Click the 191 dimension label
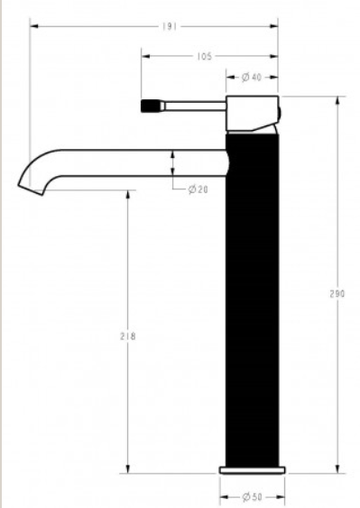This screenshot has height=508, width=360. [x=170, y=26]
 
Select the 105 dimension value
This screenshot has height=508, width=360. [x=204, y=56]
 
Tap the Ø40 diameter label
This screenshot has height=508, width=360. [x=252, y=78]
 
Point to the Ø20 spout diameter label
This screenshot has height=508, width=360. [x=198, y=189]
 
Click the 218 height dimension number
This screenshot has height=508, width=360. [x=128, y=337]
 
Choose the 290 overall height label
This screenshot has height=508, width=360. [x=337, y=294]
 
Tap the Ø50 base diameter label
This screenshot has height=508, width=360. [x=252, y=496]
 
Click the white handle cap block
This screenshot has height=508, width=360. [x=252, y=114]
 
